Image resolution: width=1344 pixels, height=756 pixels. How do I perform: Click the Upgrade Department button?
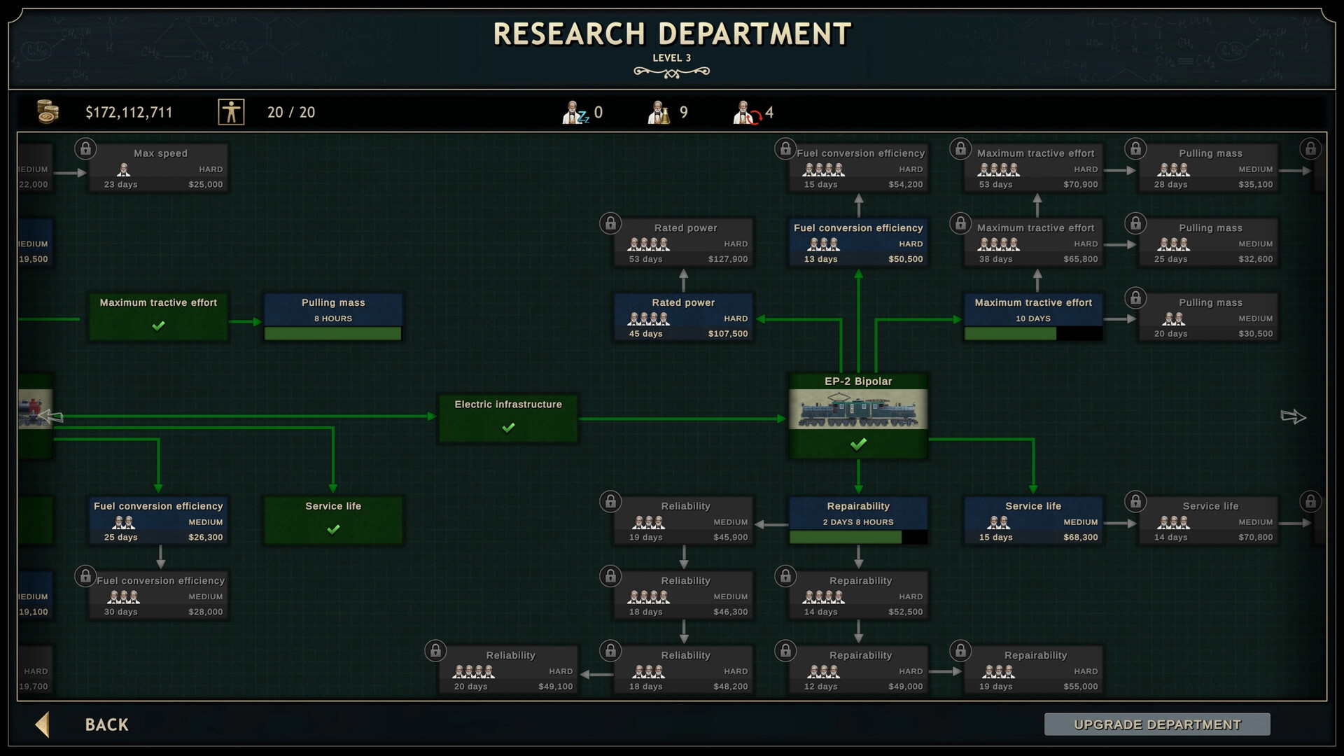[1157, 724]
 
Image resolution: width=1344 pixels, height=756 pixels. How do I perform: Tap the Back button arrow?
[43, 724]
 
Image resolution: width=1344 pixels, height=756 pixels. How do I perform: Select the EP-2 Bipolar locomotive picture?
[858, 409]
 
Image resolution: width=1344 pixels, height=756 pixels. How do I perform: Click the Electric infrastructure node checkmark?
[508, 427]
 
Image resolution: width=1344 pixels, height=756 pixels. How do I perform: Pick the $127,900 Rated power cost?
[728, 259]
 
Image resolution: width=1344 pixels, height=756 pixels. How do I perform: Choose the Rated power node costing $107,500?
[683, 318]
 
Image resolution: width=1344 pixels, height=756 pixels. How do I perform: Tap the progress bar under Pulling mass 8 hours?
[333, 334]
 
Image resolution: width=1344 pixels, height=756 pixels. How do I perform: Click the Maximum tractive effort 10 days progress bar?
[1033, 334]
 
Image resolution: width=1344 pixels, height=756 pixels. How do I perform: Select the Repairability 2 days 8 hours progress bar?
[858, 538]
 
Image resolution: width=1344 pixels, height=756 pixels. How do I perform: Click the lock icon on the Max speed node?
[85, 148]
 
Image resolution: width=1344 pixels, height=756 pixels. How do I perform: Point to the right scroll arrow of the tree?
[1293, 417]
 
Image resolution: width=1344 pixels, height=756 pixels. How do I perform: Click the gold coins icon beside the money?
[48, 112]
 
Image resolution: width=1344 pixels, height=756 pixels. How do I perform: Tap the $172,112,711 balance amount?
[129, 113]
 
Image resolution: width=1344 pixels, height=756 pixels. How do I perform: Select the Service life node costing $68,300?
[1033, 521]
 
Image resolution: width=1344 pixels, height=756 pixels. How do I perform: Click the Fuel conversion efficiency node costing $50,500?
[858, 243]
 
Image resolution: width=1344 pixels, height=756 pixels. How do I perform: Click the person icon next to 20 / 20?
[231, 112]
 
